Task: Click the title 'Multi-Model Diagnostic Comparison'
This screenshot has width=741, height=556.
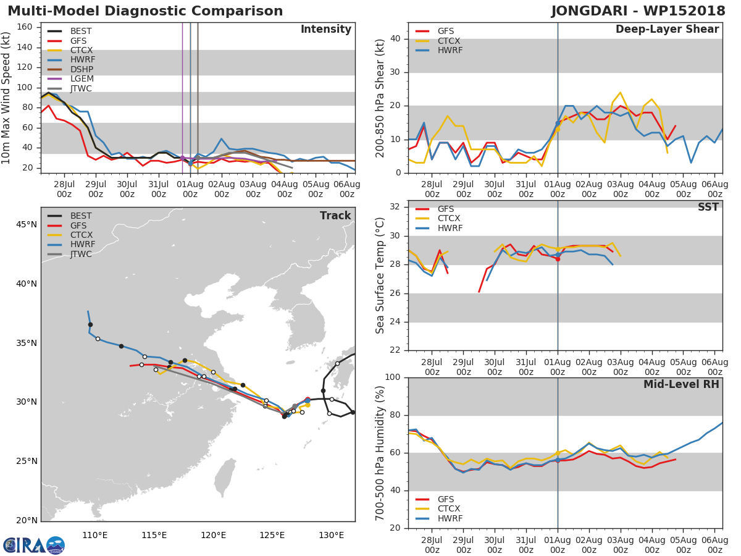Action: pyautogui.click(x=145, y=11)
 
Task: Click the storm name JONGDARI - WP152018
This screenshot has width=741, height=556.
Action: pyautogui.click(x=639, y=11)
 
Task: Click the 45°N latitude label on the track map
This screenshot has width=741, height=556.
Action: pyautogui.click(x=27, y=224)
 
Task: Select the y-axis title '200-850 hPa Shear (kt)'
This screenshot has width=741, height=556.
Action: pyautogui.click(x=380, y=98)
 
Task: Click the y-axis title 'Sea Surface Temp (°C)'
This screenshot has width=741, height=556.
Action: pyautogui.click(x=380, y=276)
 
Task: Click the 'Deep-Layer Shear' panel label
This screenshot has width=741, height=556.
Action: pyautogui.click(x=667, y=30)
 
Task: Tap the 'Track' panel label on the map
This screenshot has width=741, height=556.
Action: pyautogui.click(x=335, y=216)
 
